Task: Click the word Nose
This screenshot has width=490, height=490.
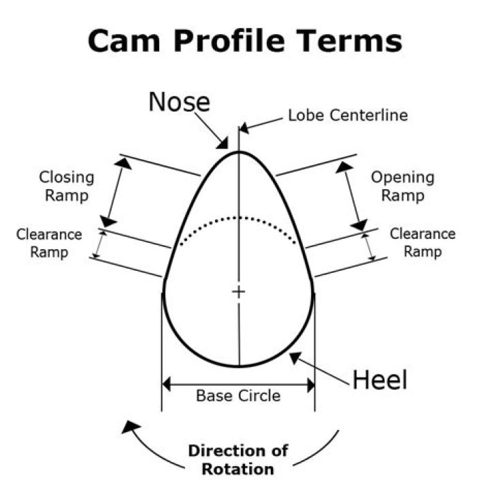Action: [x=180, y=102]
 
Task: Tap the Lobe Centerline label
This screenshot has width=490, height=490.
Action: [x=348, y=115]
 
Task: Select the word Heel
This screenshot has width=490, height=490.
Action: [x=380, y=380]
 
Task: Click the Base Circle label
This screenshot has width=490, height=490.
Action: [x=238, y=395]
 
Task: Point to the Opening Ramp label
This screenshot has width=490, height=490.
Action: [x=403, y=186]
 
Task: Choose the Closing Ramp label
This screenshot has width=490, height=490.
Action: [x=67, y=186]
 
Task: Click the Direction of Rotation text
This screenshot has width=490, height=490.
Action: [x=238, y=460]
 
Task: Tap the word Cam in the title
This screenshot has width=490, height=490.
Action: [x=124, y=41]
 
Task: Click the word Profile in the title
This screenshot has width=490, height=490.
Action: [x=229, y=41]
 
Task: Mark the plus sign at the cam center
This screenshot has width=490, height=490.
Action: [x=239, y=292]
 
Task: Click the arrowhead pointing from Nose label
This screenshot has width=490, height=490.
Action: [x=223, y=144]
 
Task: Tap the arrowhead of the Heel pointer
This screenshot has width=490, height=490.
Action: [x=295, y=358]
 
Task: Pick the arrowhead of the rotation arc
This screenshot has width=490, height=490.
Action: [x=130, y=427]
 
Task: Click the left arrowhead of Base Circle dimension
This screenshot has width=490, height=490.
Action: [x=166, y=385]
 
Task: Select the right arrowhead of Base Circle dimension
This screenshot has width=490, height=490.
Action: [x=311, y=385]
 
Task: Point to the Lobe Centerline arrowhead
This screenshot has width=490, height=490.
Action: [x=244, y=127]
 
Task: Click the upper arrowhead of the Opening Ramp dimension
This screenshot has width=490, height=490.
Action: [x=344, y=167]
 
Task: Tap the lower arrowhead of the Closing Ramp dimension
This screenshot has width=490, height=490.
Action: [x=108, y=221]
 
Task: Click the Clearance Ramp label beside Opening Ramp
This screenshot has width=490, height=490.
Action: [x=423, y=243]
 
